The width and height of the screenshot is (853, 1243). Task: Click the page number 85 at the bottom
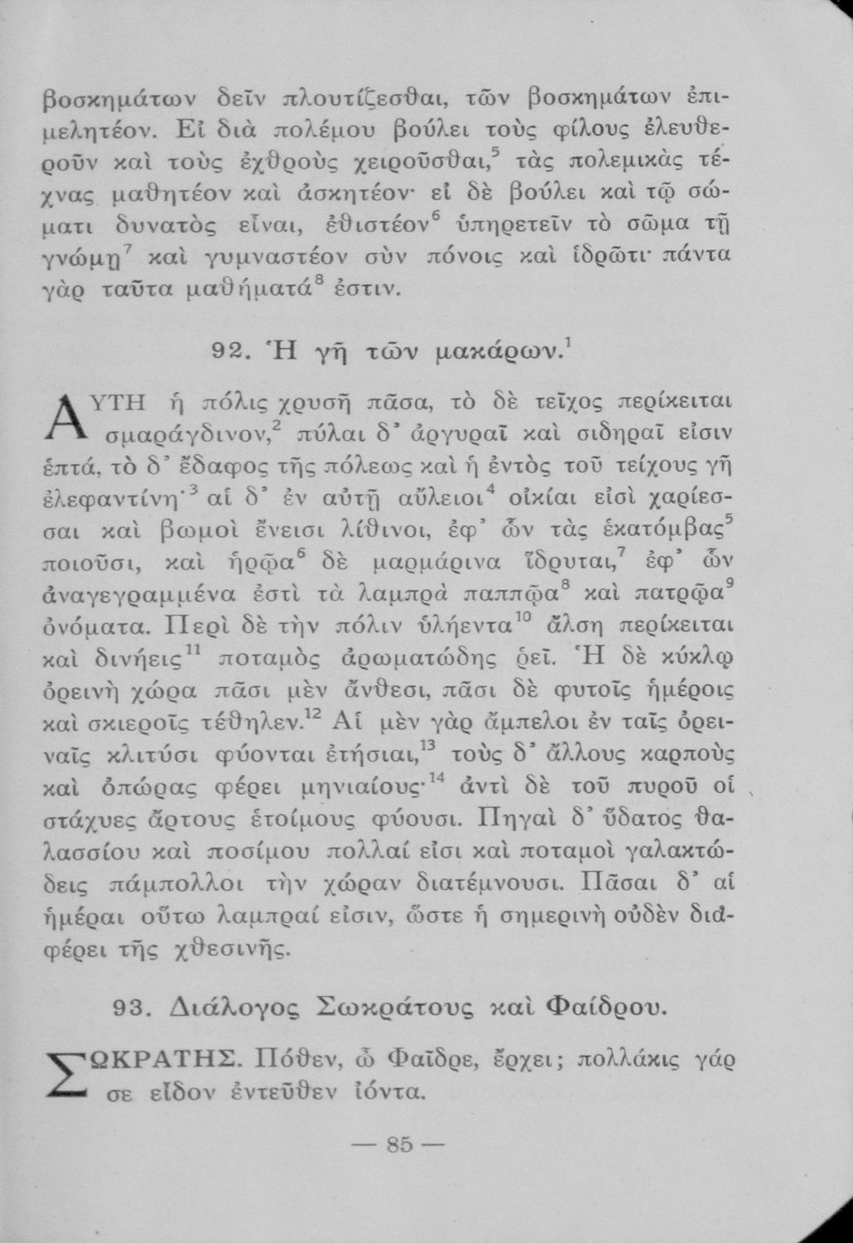click(399, 1146)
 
